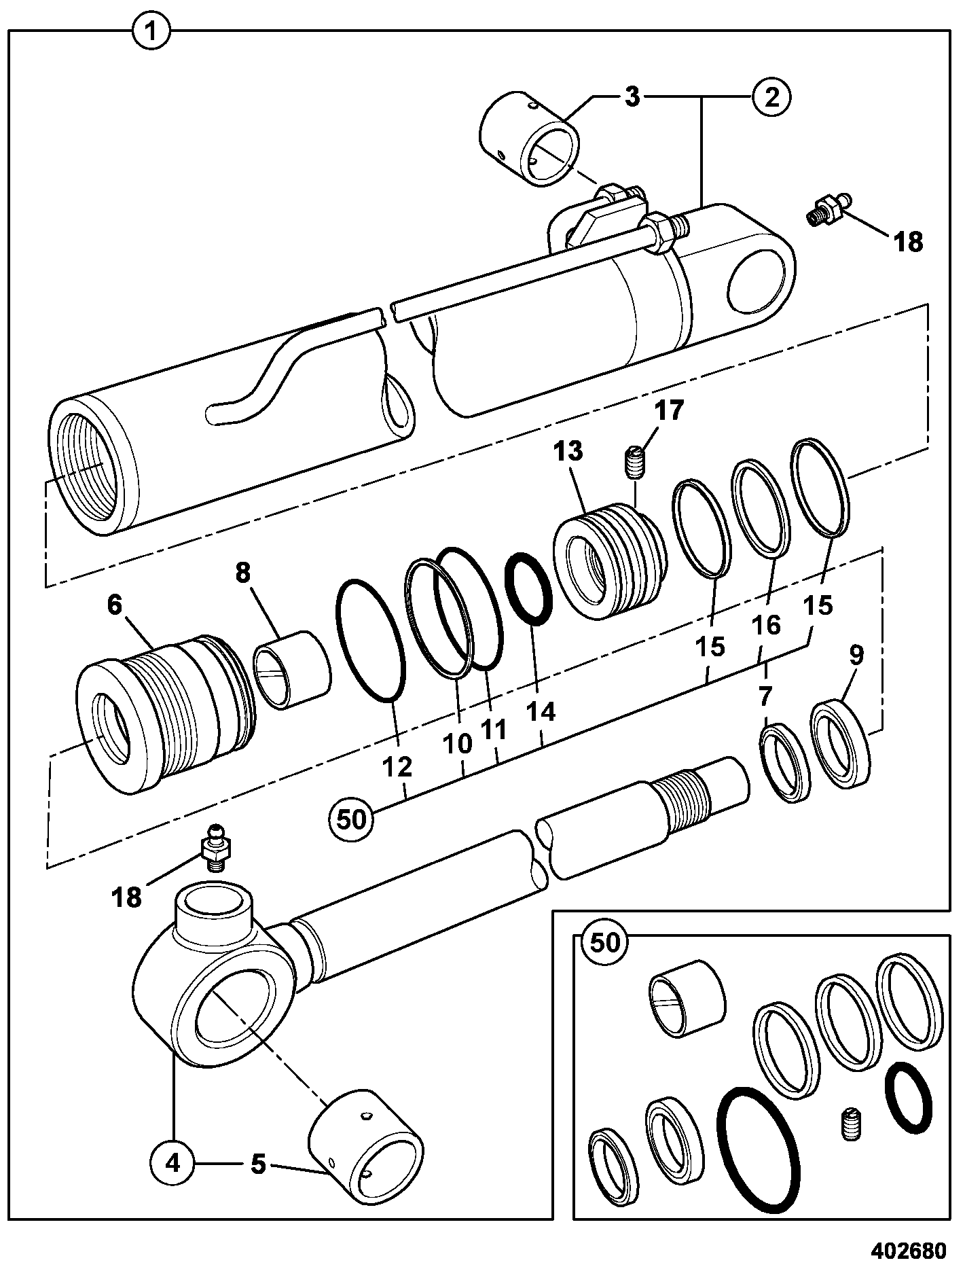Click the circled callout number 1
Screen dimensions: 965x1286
coord(152,31)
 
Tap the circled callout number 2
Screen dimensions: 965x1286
coord(771,97)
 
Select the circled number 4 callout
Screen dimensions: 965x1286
coord(174,1163)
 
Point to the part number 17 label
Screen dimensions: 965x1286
coord(669,412)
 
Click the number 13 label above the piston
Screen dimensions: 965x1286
coord(568,451)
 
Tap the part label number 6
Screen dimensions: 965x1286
coord(114,605)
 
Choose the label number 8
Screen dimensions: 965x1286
coord(243,573)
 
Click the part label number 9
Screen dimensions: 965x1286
coord(856,656)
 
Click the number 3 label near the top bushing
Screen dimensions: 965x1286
coord(632,97)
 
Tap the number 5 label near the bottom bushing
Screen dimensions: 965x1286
coord(258,1164)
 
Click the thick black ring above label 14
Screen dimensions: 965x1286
coord(530,588)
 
